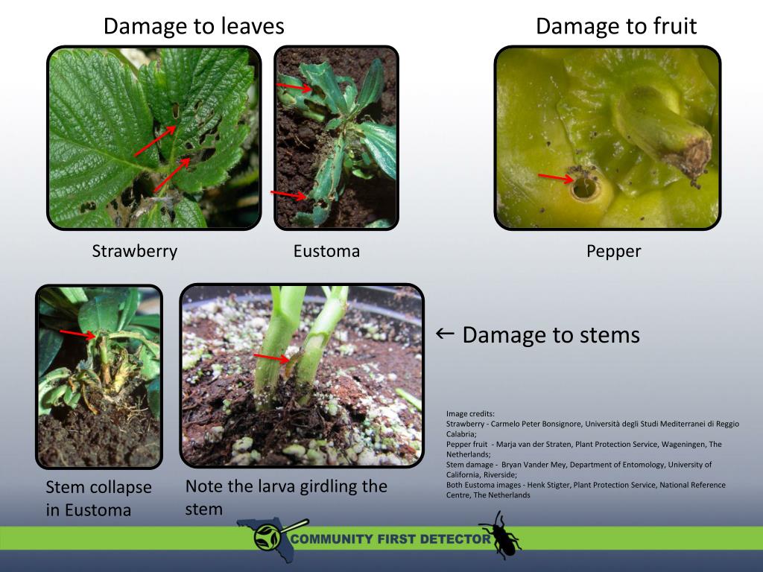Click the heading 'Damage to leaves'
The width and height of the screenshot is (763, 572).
coord(194,27)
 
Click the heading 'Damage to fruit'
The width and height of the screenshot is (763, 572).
coord(616,27)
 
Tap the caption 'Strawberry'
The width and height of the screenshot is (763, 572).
coord(135,252)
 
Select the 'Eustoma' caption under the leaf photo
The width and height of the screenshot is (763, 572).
coord(326,252)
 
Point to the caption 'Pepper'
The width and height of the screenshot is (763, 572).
coord(613,252)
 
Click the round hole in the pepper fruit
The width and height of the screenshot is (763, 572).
coord(585,188)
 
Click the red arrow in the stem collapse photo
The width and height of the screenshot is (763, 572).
coord(77,334)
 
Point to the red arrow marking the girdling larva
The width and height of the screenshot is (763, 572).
coord(271,358)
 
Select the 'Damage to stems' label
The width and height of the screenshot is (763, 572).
coord(551,335)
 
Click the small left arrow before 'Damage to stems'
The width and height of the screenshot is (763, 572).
coord(445,334)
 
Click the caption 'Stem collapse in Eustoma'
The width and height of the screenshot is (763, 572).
coord(98,498)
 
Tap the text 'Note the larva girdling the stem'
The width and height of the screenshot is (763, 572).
coord(286,498)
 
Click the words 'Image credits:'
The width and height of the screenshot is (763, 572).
coord(470,413)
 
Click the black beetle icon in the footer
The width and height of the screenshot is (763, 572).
coord(498,534)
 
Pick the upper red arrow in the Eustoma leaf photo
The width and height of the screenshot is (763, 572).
coord(295,87)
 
